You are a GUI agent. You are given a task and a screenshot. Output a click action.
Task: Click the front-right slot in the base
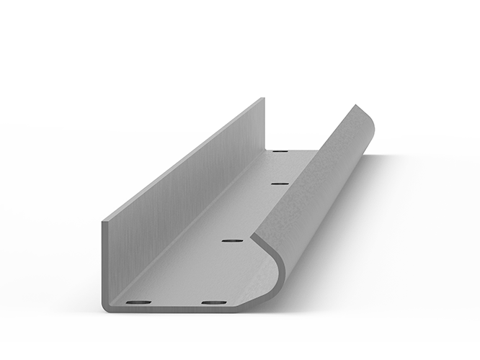(213, 302)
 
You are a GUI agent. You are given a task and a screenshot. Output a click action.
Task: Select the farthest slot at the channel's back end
(280, 152)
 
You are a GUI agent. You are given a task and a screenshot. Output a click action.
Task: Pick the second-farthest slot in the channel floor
(280, 184)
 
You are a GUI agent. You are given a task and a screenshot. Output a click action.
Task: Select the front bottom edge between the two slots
(177, 310)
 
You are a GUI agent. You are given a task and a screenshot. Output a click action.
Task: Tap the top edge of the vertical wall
(184, 158)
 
